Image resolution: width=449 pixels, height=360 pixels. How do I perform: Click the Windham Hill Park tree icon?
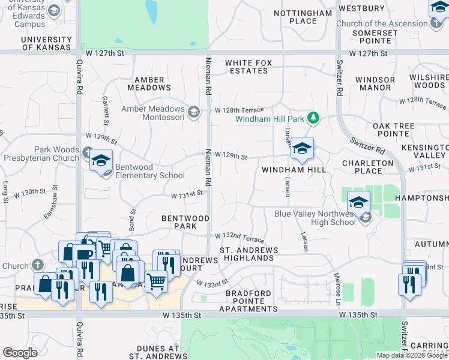click(x=312, y=118)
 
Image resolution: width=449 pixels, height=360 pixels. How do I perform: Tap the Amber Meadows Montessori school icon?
click(x=193, y=112)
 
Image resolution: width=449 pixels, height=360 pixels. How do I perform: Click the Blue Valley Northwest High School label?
click(x=315, y=218)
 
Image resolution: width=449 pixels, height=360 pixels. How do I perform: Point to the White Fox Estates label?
click(x=247, y=67)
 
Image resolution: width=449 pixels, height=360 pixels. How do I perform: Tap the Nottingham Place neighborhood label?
click(x=294, y=17)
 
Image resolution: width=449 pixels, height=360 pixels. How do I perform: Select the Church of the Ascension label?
click(x=382, y=24)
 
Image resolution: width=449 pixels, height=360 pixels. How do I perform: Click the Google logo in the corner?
click(x=20, y=353)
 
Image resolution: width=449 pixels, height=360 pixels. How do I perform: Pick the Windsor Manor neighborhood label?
click(x=375, y=83)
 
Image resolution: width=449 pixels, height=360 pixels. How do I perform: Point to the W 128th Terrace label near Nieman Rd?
click(x=239, y=110)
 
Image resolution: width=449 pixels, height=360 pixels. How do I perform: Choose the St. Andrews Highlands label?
click(x=246, y=254)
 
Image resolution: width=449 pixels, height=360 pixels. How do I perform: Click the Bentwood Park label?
click(x=185, y=223)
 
